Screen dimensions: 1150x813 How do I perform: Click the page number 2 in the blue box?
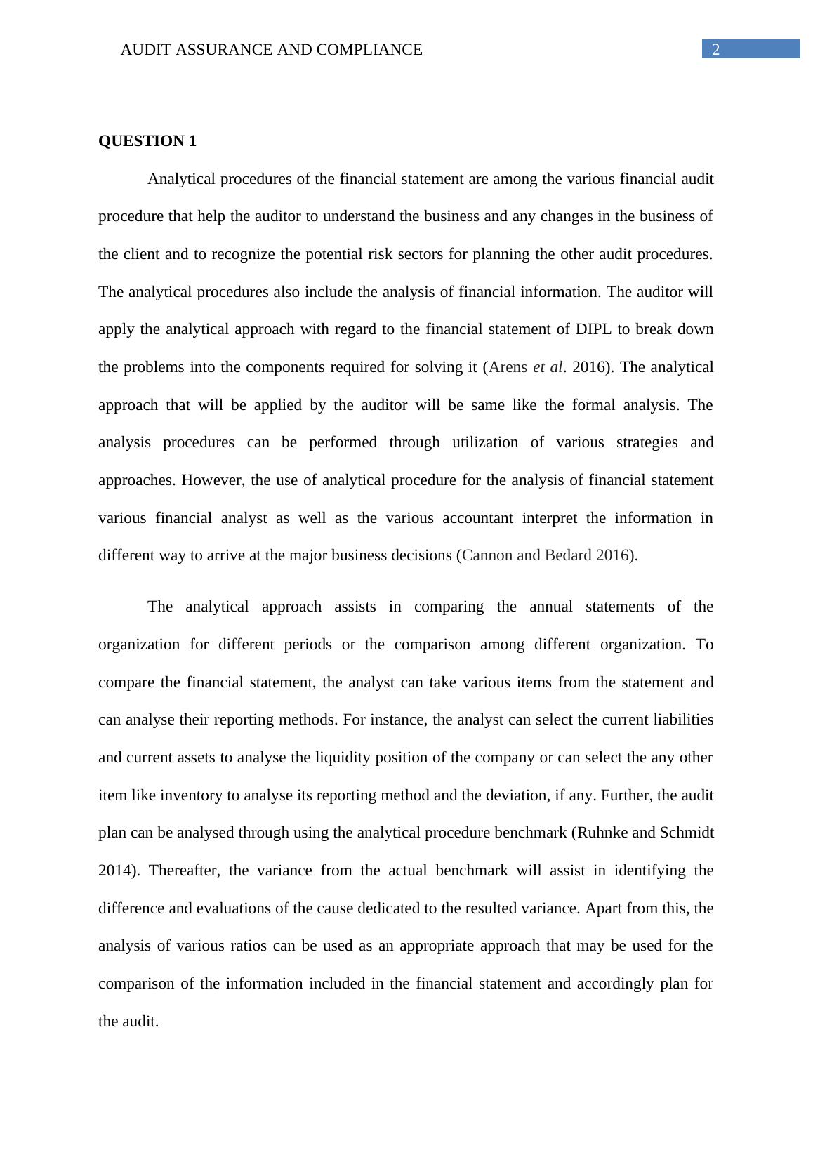pos(716,50)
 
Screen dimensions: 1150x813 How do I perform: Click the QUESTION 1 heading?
pos(147,141)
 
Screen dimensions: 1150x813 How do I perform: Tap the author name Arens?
pos(508,367)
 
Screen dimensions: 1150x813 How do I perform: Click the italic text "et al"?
pos(548,367)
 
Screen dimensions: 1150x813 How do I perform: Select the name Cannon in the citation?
pos(487,555)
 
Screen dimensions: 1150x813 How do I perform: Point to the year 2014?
pos(113,871)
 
